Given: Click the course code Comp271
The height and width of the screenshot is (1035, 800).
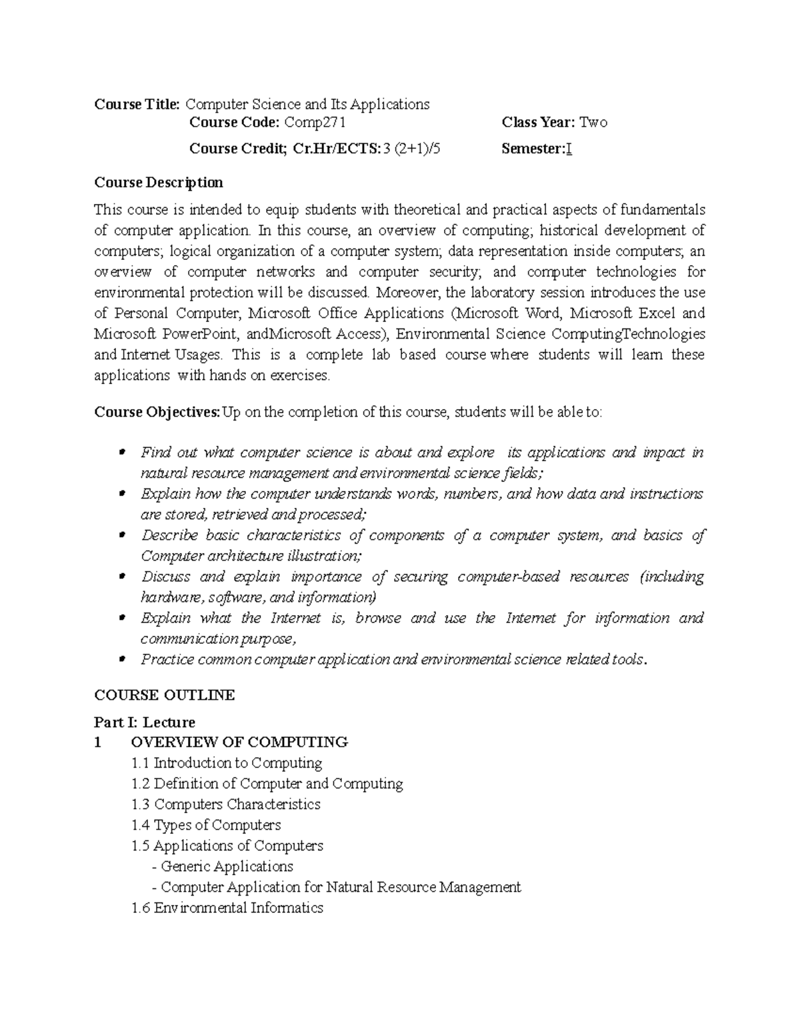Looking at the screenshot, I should tap(315, 123).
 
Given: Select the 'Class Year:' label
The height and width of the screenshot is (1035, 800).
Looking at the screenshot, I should tap(538, 123).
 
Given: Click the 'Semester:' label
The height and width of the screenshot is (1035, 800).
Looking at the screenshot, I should tap(533, 149).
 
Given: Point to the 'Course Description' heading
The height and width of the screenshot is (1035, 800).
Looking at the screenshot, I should tap(159, 183).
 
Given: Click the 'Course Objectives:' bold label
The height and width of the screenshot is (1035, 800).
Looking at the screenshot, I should tap(157, 412).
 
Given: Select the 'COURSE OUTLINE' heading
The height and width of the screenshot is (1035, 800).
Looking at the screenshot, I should tap(164, 695).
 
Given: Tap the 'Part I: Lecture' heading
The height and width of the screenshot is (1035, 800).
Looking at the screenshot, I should tap(145, 722).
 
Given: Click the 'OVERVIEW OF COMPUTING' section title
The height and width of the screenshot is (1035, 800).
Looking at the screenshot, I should tap(239, 742).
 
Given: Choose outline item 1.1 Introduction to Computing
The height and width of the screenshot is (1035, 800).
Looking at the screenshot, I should tap(227, 763).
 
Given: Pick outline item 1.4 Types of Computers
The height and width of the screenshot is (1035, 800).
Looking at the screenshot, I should tap(206, 825).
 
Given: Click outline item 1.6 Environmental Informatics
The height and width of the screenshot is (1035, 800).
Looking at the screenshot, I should tap(227, 908).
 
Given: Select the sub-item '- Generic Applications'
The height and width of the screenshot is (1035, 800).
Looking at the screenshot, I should tap(223, 866).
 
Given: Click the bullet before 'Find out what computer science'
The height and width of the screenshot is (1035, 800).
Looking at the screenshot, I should tap(121, 453).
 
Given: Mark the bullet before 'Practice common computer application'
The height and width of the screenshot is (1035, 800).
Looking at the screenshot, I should tap(121, 660).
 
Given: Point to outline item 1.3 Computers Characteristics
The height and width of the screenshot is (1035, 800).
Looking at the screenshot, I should tap(226, 804).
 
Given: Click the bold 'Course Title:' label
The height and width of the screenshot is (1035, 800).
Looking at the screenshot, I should tap(137, 105).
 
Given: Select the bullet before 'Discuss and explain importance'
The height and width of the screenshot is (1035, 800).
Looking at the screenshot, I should tap(121, 577).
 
